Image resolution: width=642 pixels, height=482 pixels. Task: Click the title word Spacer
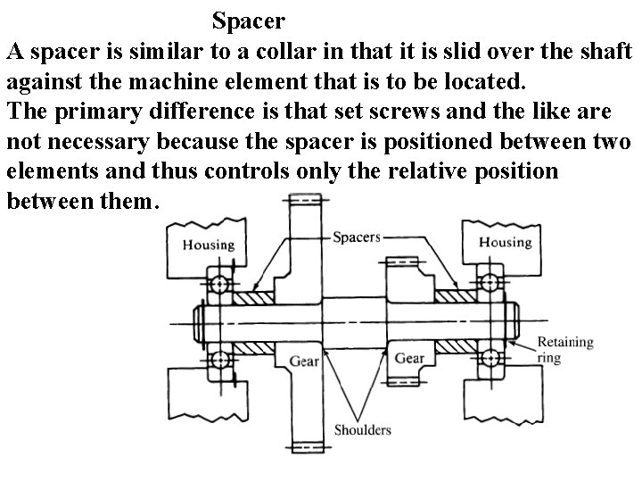[x=249, y=18]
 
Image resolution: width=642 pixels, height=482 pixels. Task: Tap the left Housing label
[x=209, y=244]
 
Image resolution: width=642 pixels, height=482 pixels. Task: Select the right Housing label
[x=504, y=243]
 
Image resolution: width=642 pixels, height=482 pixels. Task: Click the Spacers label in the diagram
[x=356, y=237]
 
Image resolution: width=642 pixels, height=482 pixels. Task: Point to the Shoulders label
[x=362, y=429]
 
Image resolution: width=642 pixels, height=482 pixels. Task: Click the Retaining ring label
[x=564, y=350]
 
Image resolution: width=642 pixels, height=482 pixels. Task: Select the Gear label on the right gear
[x=409, y=358]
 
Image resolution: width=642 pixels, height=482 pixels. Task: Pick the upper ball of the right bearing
[x=488, y=283]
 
